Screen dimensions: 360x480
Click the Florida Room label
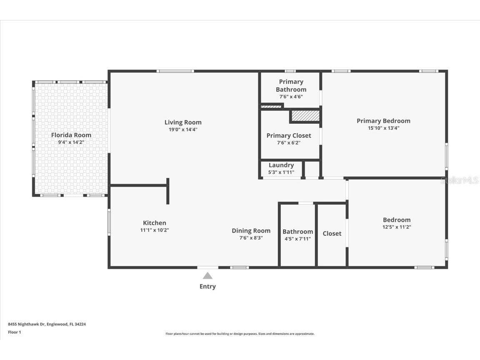71,135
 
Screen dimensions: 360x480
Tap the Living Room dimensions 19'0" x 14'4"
183,130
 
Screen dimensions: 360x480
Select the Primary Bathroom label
291,85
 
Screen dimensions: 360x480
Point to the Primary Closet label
289,135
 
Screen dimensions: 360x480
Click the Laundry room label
281,165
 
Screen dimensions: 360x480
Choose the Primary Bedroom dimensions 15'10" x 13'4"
383,128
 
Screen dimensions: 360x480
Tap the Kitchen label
155,223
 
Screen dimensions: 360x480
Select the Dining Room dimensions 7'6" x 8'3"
251,238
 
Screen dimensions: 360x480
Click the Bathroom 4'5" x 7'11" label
297,232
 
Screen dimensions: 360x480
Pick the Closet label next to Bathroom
332,234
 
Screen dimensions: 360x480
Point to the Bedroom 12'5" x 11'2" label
397,220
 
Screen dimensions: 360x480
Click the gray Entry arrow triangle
207,276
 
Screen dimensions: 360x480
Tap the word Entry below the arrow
207,286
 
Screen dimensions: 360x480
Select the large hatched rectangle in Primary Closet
305,116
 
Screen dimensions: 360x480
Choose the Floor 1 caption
14,332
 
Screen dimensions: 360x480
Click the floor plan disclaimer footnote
240,334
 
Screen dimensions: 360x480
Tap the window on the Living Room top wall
175,71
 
